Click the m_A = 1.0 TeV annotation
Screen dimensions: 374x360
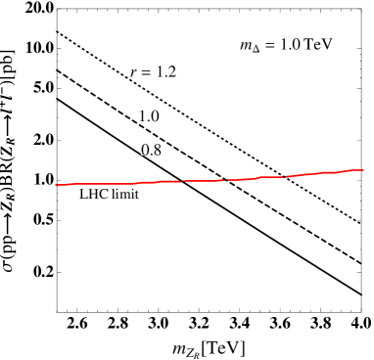287,45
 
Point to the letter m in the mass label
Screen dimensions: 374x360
247,46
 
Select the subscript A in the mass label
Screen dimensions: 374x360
257,49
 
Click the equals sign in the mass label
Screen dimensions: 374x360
269,45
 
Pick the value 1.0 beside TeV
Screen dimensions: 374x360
289,45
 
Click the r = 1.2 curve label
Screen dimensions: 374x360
153,71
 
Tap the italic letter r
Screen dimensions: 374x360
134,72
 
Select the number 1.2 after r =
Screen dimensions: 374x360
166,71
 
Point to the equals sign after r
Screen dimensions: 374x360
147,71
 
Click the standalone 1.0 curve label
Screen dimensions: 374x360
149,116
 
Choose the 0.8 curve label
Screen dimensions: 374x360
152,150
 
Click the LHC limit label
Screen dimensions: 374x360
110,195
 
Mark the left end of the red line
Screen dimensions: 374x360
56,184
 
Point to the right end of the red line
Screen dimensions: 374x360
362,170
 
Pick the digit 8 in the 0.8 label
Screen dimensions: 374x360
158,150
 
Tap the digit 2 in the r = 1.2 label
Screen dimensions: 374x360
172,71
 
